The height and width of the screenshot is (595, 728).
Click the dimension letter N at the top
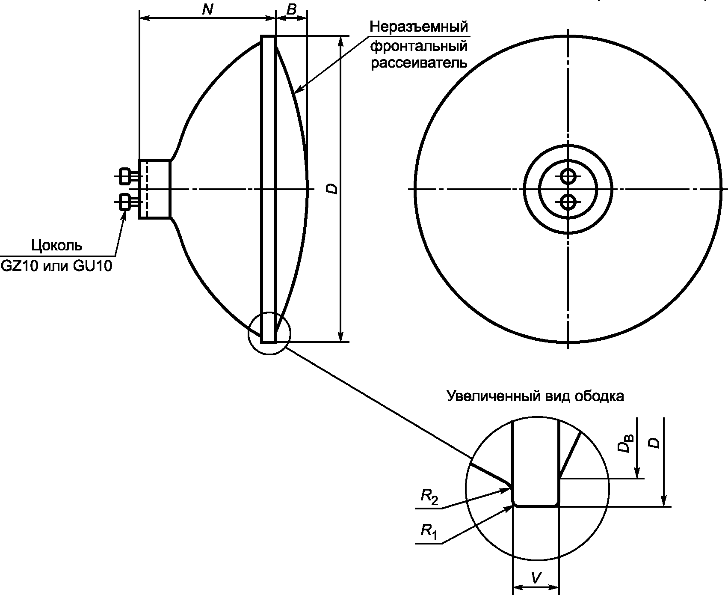pyautogui.click(x=207, y=9)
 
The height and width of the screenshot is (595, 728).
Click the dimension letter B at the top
pyautogui.click(x=291, y=9)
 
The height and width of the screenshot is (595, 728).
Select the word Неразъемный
pyautogui.click(x=419, y=27)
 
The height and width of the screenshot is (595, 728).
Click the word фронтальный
pyautogui.click(x=419, y=45)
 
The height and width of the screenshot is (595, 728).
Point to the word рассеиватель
pyautogui.click(x=419, y=63)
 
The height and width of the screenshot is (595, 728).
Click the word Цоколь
pyautogui.click(x=57, y=246)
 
